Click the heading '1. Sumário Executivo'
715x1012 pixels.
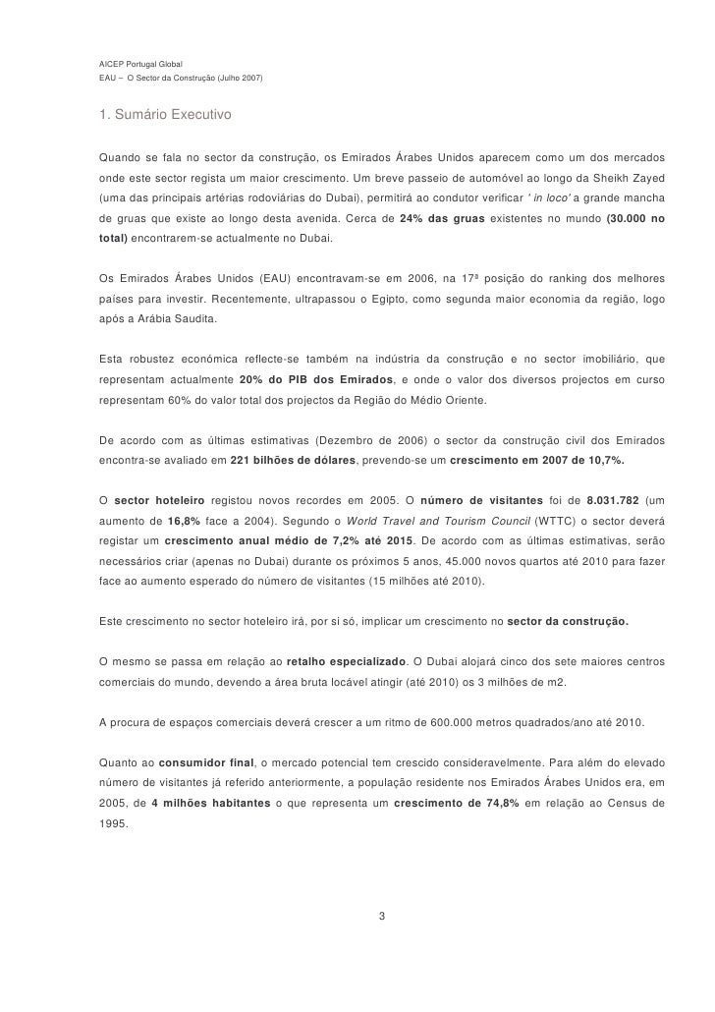click(164, 116)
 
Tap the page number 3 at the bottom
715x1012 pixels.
click(381, 917)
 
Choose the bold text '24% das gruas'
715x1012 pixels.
click(444, 218)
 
